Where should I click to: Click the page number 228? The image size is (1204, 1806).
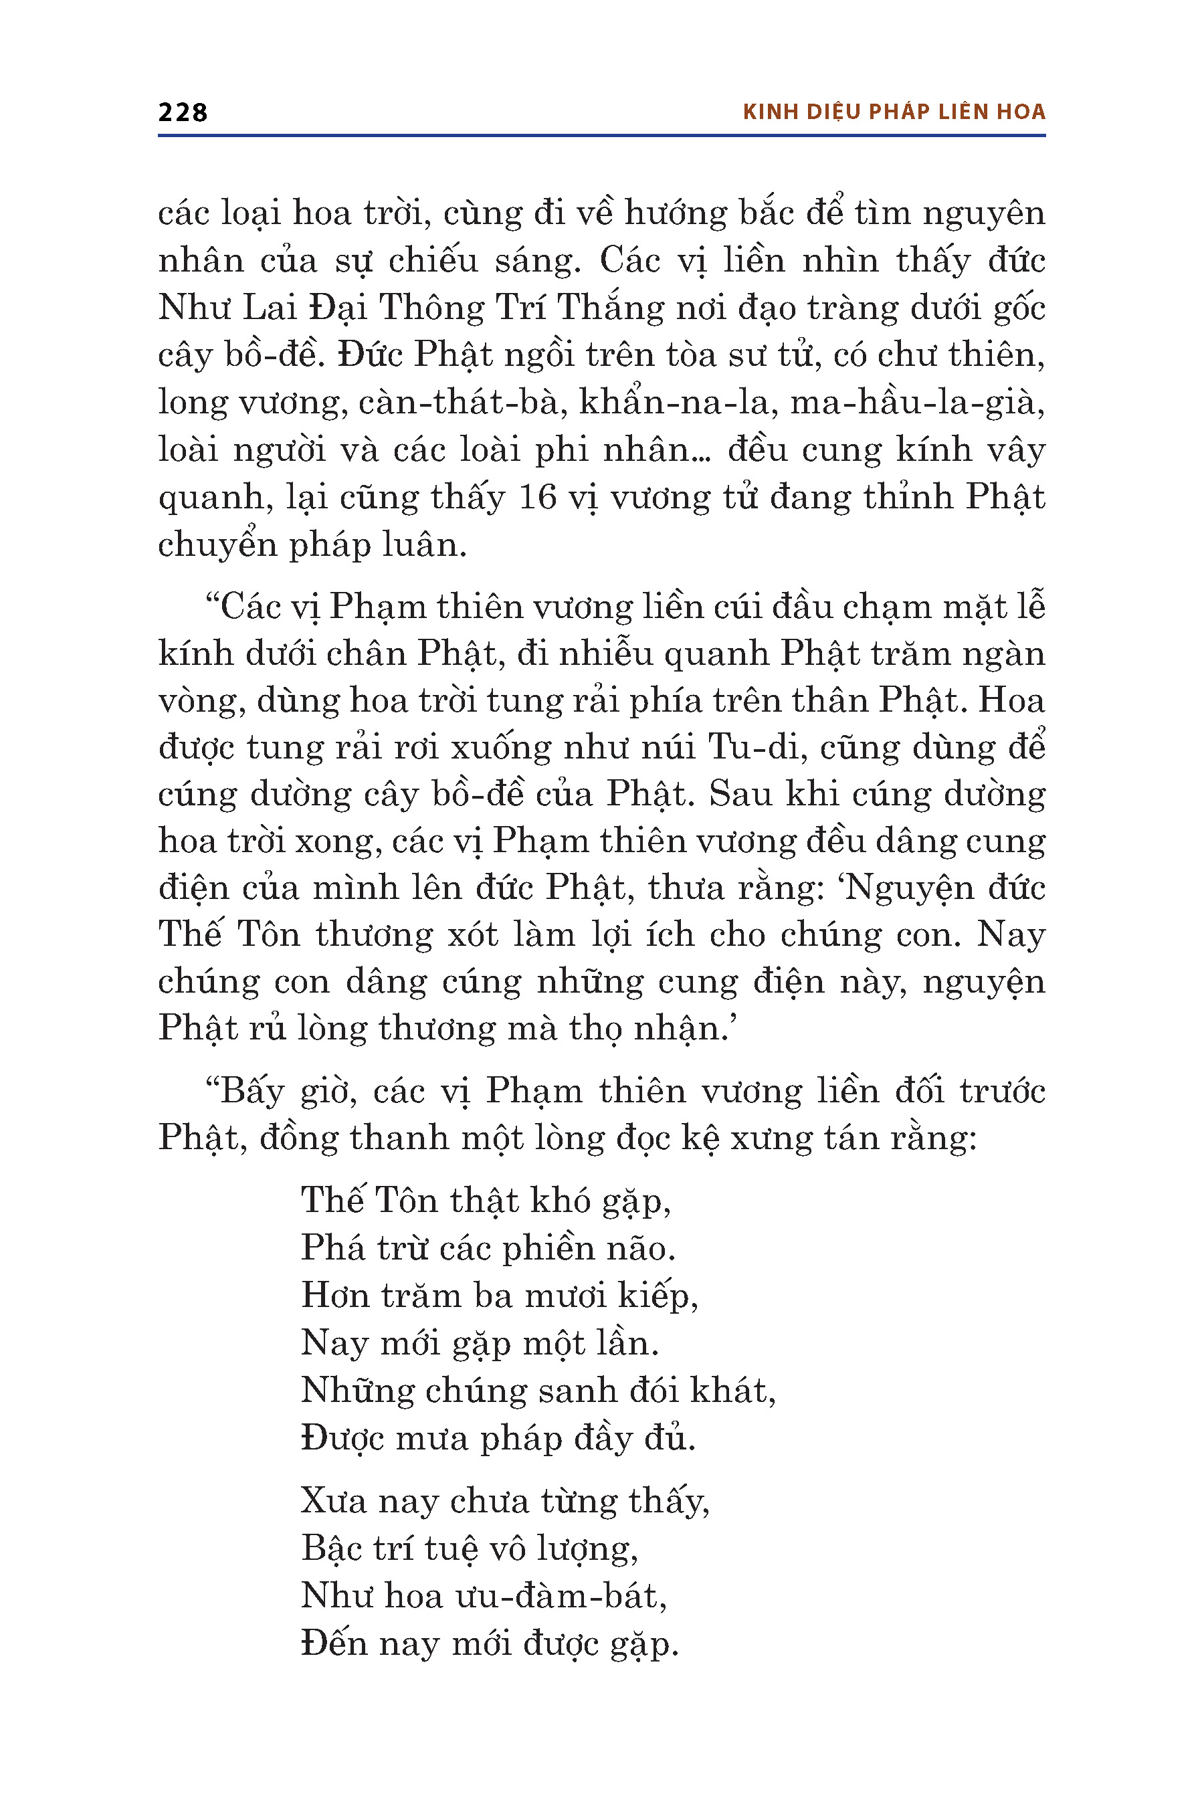[x=183, y=112]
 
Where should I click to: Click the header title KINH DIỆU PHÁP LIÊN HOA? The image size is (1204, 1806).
[x=894, y=112]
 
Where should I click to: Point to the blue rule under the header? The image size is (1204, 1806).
[x=601, y=136]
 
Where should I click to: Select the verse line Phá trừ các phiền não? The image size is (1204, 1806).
[x=488, y=1249]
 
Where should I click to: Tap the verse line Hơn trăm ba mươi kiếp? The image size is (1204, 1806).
[x=499, y=1296]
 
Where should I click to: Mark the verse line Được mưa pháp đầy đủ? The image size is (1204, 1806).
[x=498, y=1438]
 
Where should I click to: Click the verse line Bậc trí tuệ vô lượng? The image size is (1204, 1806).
[x=469, y=1548]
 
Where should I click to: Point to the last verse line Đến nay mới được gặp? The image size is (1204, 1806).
[x=490, y=1643]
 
